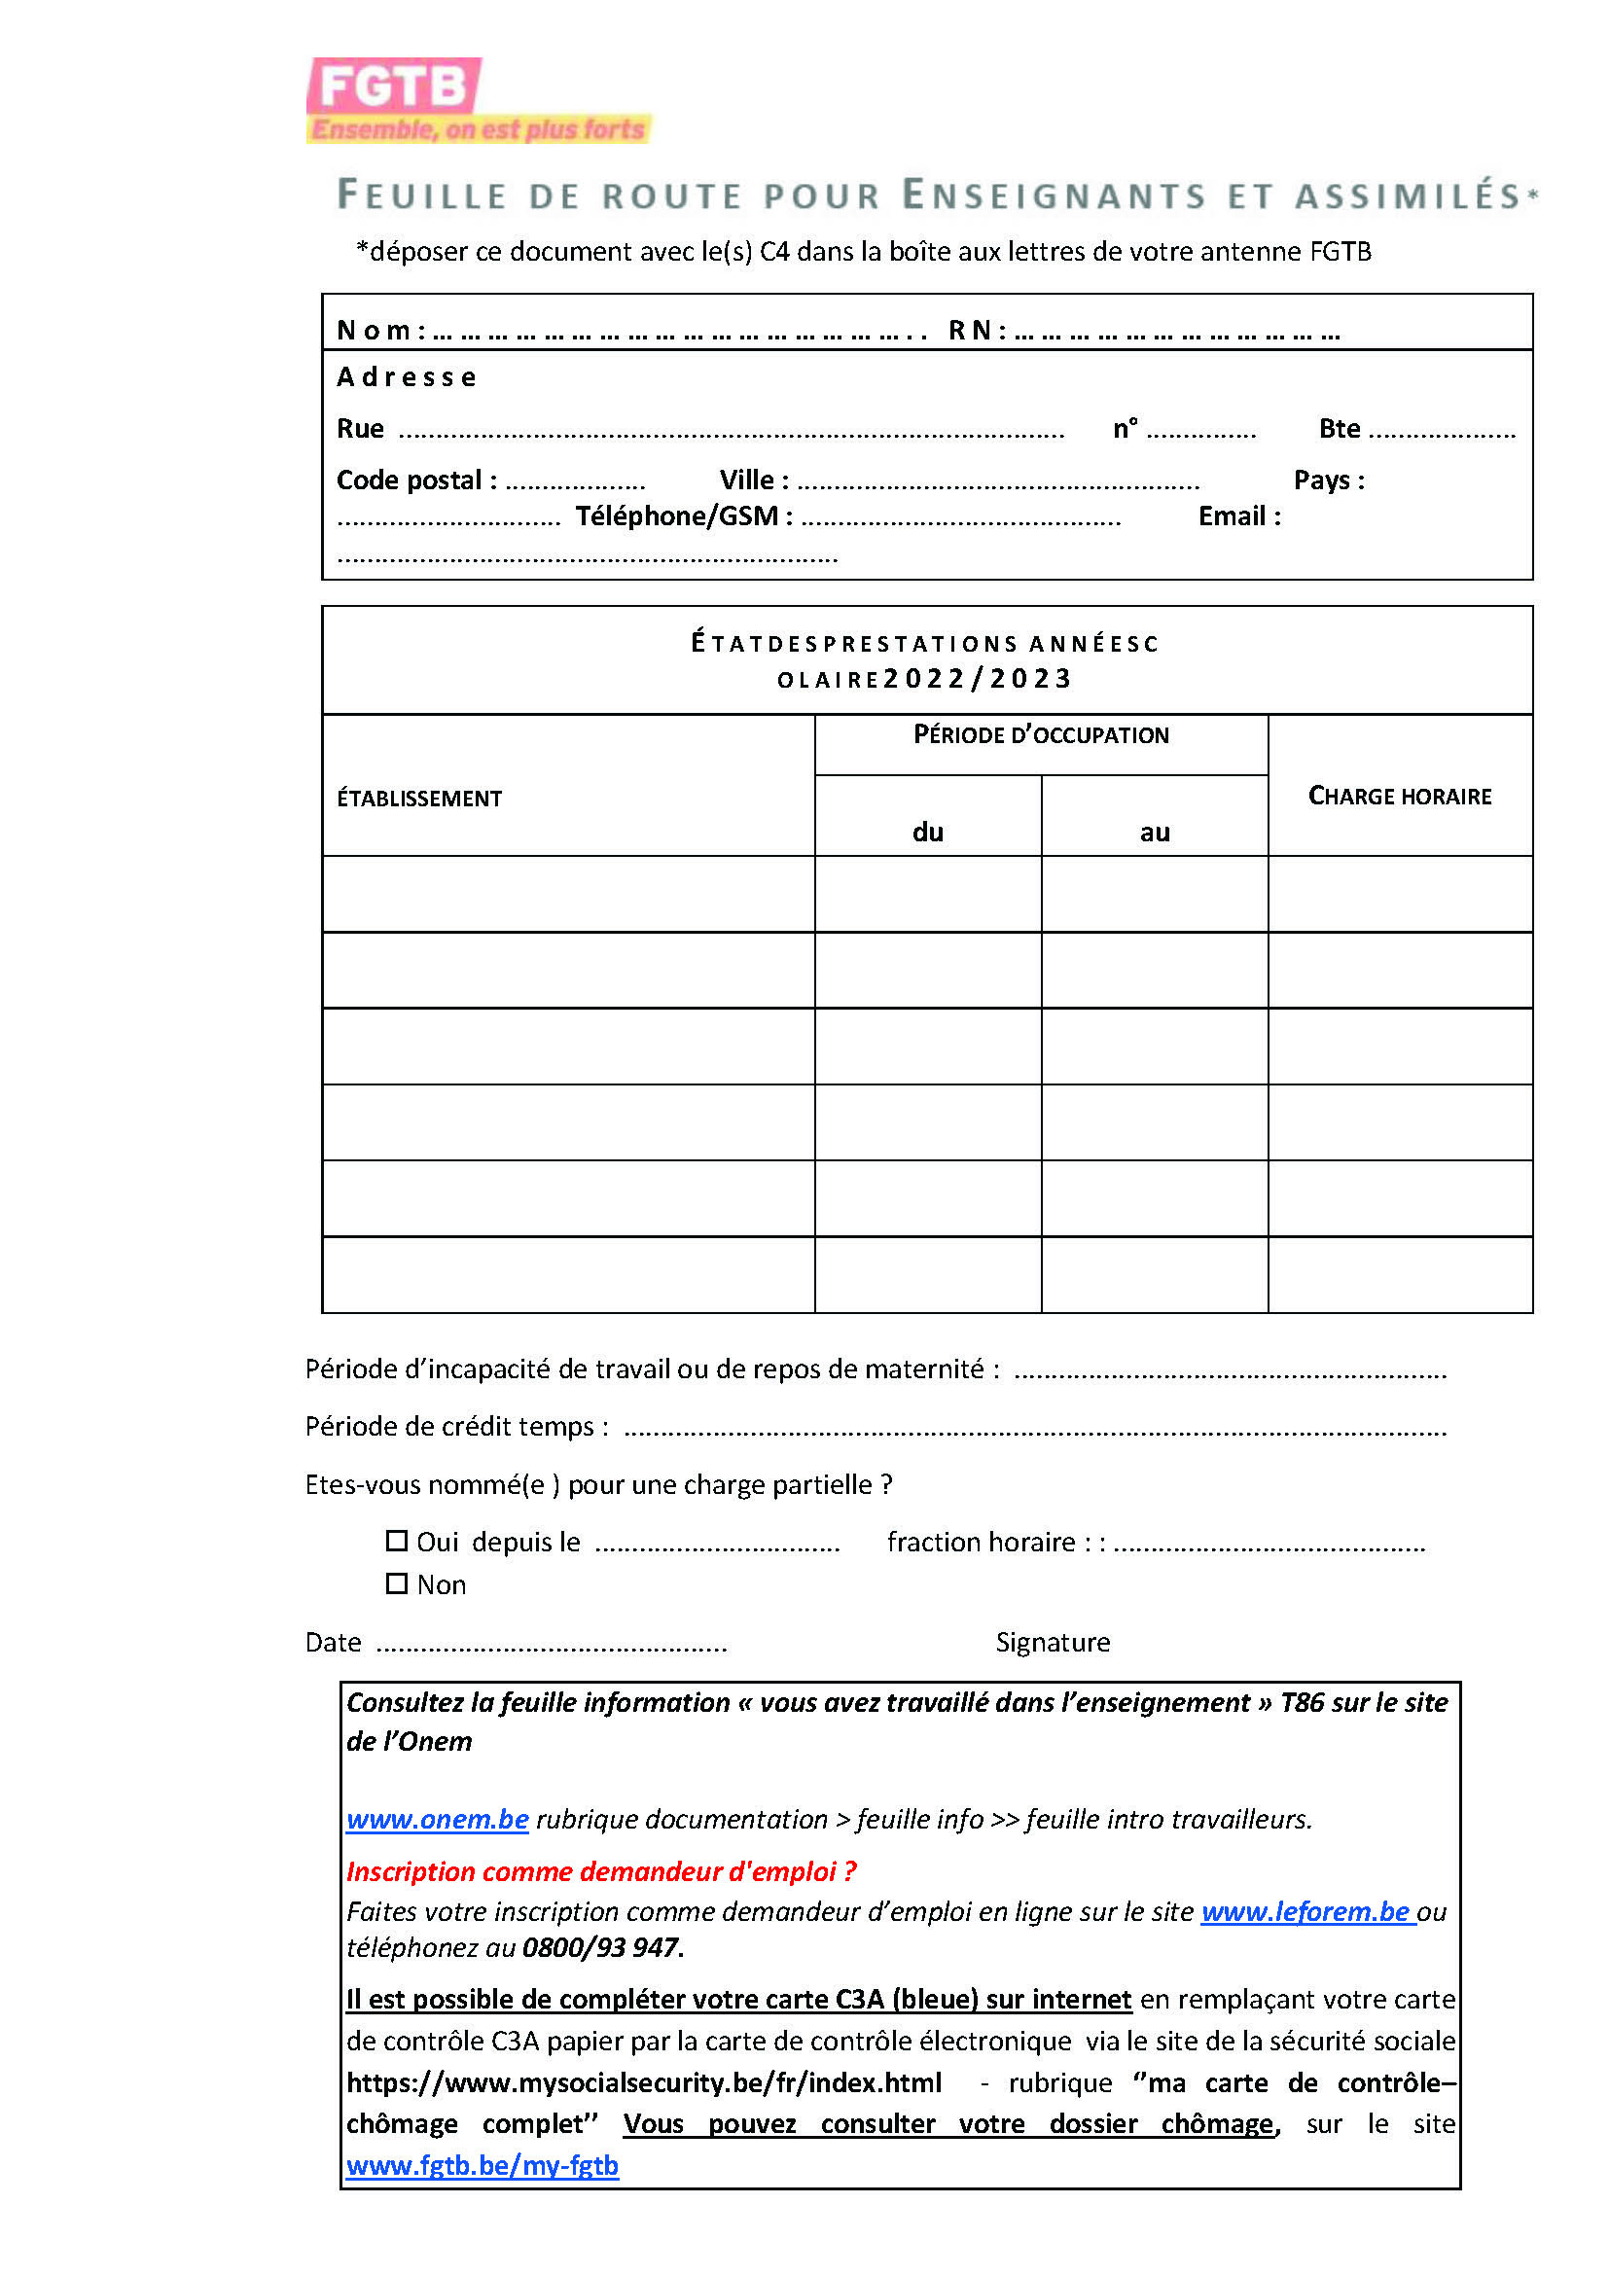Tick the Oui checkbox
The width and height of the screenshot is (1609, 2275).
coord(396,1541)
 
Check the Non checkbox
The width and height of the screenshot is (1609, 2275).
coord(396,1583)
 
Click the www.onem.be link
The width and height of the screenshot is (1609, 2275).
coord(437,1819)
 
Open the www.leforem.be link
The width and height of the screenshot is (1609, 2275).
coord(1305,1911)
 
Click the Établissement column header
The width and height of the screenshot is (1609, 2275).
coord(419,799)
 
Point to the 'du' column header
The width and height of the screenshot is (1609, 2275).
coord(927,833)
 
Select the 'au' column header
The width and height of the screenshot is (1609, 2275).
coord(1155,833)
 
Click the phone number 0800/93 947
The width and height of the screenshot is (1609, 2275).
coord(600,1948)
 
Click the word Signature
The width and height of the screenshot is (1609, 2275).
coord(1053,1643)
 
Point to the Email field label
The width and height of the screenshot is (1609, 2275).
coord(1238,516)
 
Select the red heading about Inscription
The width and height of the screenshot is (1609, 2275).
coord(600,1871)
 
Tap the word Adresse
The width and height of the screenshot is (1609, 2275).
coord(407,377)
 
